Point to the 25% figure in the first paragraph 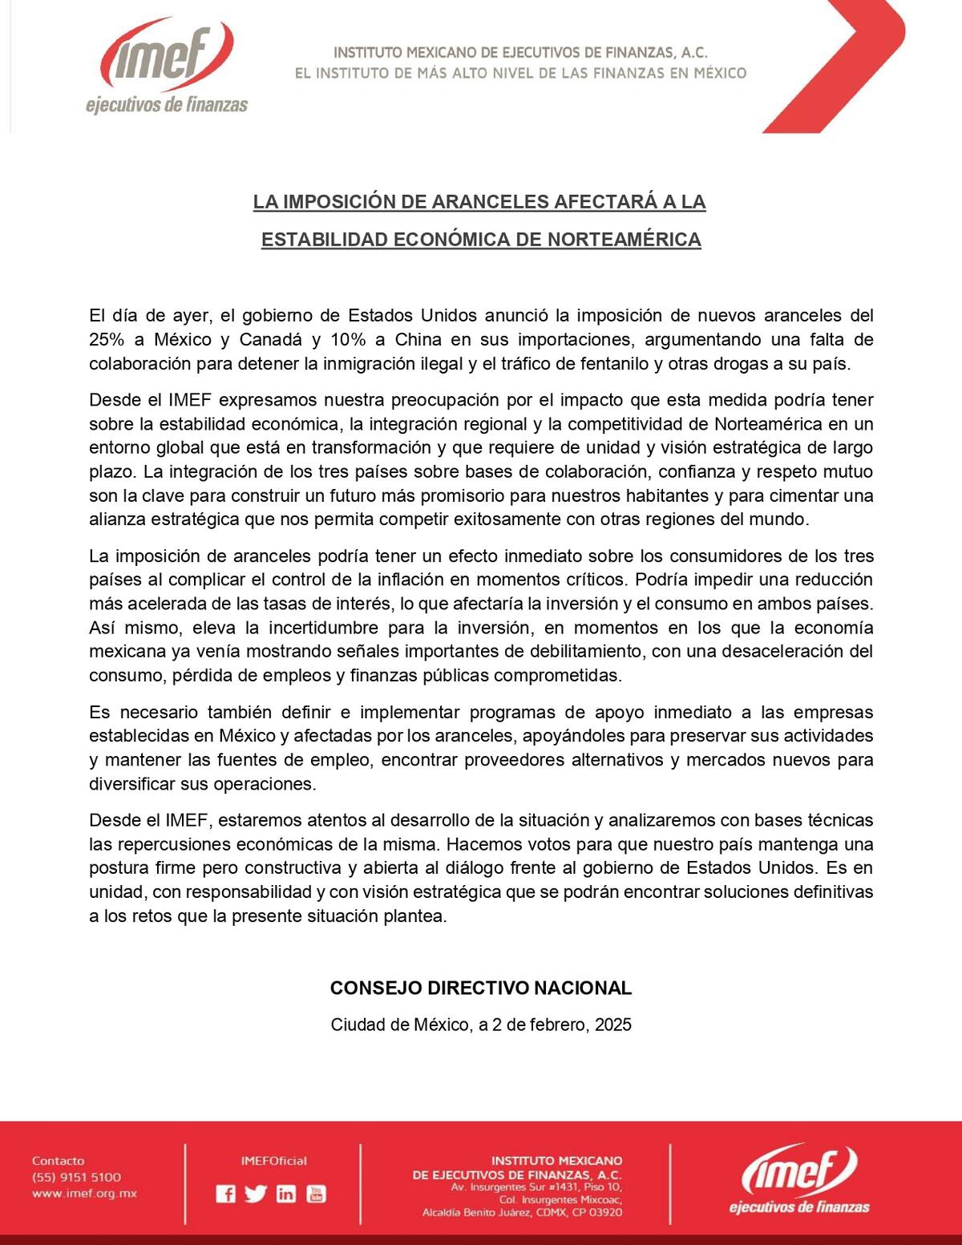click(106, 339)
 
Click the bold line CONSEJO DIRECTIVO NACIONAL click(481, 988)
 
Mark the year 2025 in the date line click(613, 1025)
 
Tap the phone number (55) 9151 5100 click(76, 1177)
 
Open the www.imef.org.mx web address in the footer click(84, 1193)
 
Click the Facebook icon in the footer click(226, 1194)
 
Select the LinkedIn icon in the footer click(285, 1194)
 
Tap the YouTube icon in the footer click(316, 1194)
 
